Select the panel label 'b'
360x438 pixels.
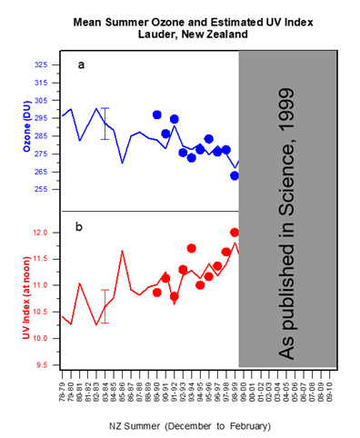[79, 225]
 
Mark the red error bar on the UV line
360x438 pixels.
[105, 306]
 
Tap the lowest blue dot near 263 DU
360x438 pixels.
[235, 175]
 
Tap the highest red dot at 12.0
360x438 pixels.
[235, 233]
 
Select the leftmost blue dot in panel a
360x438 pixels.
[157, 115]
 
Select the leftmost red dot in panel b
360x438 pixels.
[157, 292]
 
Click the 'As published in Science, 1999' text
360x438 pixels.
[287, 209]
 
